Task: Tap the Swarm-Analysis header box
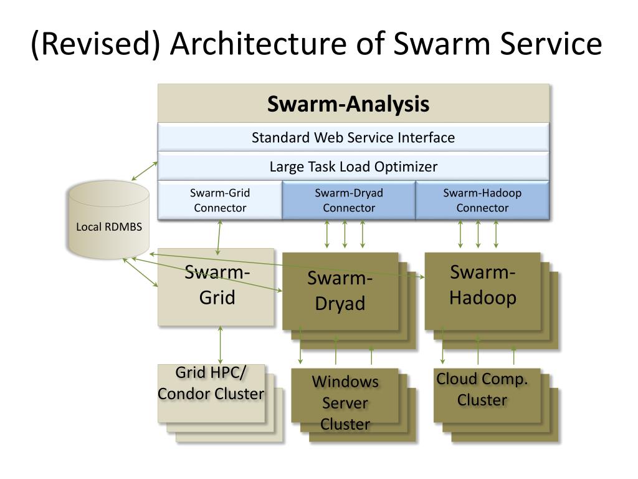click(x=353, y=104)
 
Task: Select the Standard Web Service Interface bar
click(x=353, y=137)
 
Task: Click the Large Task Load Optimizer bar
click(x=353, y=167)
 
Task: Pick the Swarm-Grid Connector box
click(x=220, y=200)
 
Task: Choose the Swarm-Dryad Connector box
click(x=349, y=200)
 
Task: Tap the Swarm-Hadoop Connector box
click(x=482, y=200)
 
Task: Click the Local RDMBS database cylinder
click(x=108, y=220)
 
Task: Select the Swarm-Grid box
click(x=216, y=287)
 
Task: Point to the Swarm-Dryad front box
click(x=340, y=291)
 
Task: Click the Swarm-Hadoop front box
click(x=483, y=291)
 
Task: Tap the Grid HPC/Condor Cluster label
click(x=211, y=384)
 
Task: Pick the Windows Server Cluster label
click(x=345, y=403)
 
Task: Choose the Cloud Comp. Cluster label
click(x=482, y=389)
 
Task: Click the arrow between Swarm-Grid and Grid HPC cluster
click(x=221, y=345)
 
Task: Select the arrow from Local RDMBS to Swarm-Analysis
click(x=145, y=171)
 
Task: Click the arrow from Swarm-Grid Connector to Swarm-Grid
click(x=219, y=238)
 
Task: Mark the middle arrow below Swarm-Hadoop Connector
click(x=478, y=235)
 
